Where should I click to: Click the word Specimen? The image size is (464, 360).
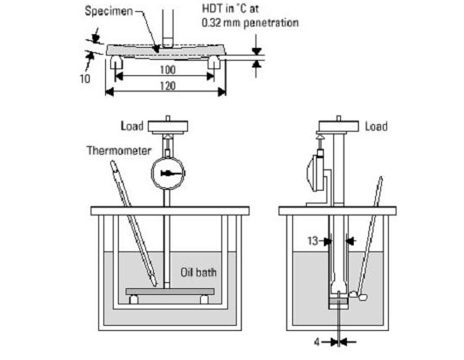click(x=109, y=11)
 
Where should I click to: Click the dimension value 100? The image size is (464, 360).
click(x=167, y=69)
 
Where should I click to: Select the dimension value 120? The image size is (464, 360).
click(x=167, y=86)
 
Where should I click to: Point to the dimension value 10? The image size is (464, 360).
click(x=85, y=79)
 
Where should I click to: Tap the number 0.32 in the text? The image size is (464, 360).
click(x=211, y=23)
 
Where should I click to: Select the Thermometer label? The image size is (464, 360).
click(x=119, y=150)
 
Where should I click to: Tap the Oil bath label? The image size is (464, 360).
click(x=198, y=273)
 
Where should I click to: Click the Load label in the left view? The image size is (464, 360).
click(x=132, y=126)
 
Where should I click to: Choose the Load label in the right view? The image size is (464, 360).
click(x=376, y=127)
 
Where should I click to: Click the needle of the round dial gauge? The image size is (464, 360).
click(x=171, y=174)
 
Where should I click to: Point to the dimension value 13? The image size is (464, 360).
click(x=313, y=241)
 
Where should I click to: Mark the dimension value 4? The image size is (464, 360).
click(x=317, y=342)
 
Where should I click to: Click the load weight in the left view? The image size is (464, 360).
click(x=167, y=127)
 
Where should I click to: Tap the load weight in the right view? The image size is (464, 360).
click(x=338, y=126)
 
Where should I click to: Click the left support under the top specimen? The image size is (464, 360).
click(x=116, y=62)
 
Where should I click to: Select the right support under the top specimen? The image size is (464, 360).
click(x=214, y=62)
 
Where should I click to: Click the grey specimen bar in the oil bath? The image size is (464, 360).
click(x=170, y=292)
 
